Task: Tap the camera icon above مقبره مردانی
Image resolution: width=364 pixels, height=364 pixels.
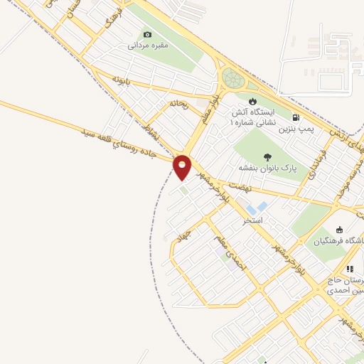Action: tap(148, 34)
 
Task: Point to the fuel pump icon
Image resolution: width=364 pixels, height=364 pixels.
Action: tap(295, 117)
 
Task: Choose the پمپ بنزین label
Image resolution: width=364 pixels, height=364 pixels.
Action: tap(296, 129)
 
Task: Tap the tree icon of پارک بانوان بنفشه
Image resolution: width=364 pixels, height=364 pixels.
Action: tap(267, 158)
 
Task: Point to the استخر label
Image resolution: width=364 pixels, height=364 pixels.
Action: tap(252, 221)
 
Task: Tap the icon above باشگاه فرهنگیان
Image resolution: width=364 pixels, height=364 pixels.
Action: tap(339, 230)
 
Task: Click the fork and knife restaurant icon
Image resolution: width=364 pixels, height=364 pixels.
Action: tap(349, 269)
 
